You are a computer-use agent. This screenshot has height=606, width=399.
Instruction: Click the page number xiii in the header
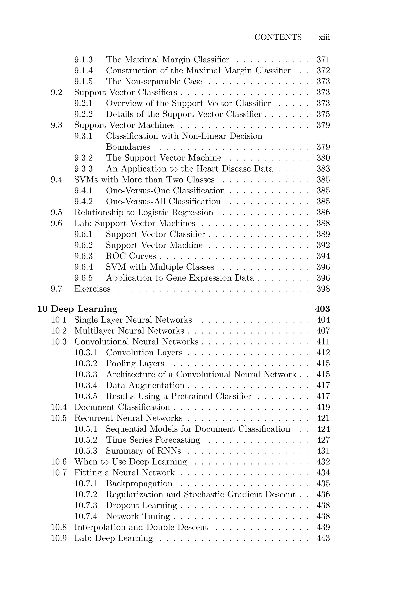point(324,37)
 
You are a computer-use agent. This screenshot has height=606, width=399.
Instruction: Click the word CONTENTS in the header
point(278,37)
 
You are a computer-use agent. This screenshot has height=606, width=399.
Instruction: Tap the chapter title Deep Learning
point(84,309)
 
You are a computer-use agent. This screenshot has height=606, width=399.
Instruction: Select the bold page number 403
point(322,309)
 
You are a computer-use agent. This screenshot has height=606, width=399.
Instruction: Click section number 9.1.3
point(83,60)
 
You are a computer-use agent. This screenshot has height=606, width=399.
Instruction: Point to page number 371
point(323,60)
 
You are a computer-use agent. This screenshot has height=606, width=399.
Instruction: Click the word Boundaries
point(128,147)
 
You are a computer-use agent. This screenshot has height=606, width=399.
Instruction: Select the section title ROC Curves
point(131,256)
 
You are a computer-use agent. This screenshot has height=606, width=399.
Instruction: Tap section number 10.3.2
point(86,363)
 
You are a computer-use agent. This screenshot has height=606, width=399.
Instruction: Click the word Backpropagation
point(139,483)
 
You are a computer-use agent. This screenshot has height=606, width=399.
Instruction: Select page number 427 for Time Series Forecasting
point(323,440)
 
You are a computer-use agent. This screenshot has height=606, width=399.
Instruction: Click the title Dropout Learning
point(141,505)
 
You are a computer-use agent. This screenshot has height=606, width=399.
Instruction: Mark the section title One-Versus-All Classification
point(163,202)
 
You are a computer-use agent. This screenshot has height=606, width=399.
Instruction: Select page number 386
point(323,213)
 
